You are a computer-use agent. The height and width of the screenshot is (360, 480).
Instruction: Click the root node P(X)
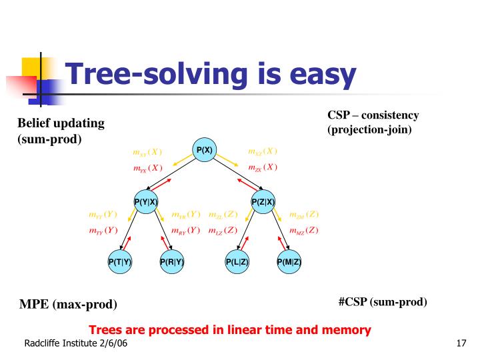coord(204,150)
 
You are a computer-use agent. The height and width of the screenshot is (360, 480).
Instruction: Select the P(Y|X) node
coord(145,202)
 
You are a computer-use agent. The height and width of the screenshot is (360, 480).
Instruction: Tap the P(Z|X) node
coord(263,202)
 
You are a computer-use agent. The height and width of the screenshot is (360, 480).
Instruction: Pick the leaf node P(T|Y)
coord(120,262)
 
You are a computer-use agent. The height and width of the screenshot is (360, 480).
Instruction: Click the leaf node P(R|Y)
coord(171,262)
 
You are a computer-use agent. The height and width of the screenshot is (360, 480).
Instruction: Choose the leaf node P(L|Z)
coord(237,262)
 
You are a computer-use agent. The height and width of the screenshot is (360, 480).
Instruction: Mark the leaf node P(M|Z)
coord(289,262)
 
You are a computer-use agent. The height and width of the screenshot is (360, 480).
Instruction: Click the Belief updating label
coord(61,123)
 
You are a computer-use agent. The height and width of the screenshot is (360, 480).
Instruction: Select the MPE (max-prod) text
coord(67,305)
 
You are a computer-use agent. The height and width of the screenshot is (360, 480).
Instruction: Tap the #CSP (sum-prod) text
coord(382,302)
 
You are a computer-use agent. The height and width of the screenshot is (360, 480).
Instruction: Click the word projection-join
coord(371,129)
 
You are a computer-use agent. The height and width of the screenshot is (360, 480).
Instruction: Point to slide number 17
coord(459,343)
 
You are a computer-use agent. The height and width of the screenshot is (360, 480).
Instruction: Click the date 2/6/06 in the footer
coord(113,343)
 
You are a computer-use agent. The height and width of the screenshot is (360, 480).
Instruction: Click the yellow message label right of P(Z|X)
coord(303,215)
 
